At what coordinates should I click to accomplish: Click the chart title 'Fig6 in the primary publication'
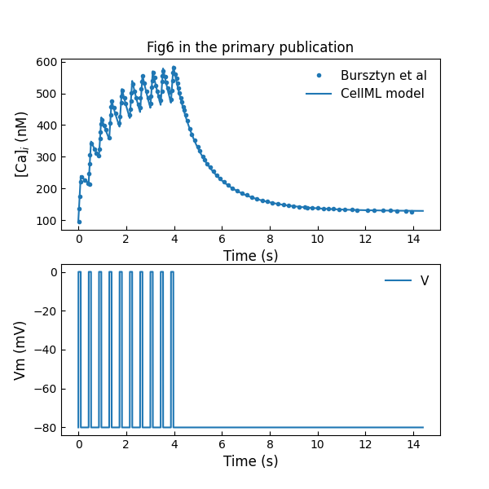click(250, 47)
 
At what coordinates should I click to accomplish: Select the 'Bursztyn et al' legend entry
click(383, 75)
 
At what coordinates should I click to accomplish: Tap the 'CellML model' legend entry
click(382, 94)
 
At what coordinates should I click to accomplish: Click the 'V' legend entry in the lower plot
click(424, 281)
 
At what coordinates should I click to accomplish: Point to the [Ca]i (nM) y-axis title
click(22, 144)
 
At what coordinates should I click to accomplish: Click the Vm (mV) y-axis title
click(20, 350)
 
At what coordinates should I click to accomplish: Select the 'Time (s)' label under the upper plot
click(250, 256)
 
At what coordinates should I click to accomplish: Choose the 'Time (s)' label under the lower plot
click(250, 461)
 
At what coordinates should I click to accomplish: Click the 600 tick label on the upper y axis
click(46, 62)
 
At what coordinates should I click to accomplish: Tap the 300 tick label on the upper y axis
click(46, 157)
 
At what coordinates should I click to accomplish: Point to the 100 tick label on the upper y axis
click(46, 221)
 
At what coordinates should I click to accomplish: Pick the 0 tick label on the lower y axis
click(52, 273)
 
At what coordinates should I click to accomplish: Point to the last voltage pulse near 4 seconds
click(171, 350)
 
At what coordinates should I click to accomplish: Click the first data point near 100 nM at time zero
click(79, 222)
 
